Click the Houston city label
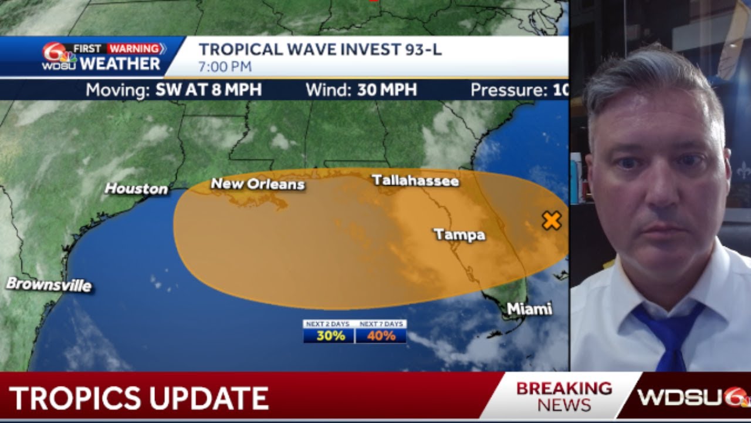click(136, 189)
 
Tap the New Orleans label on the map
click(258, 184)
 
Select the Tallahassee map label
click(415, 180)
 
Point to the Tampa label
click(459, 235)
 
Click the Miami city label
click(529, 308)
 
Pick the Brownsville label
click(49, 285)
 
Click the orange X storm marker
click(552, 221)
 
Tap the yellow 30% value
click(329, 336)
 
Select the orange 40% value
click(381, 336)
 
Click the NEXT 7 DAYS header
click(381, 324)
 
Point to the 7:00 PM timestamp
click(225, 67)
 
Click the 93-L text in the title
click(422, 50)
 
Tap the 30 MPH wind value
click(387, 90)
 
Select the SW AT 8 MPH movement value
click(208, 90)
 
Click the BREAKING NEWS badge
click(564, 396)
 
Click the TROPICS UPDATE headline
click(139, 398)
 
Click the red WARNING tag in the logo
click(135, 49)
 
